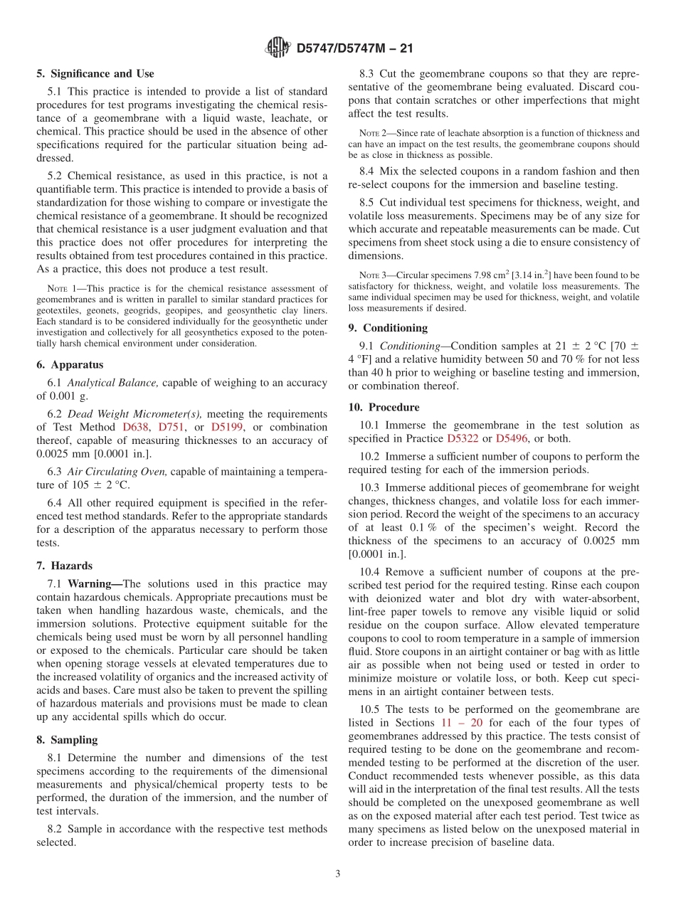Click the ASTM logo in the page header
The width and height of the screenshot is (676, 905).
(278, 48)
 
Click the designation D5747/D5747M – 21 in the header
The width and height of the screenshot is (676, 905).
(354, 48)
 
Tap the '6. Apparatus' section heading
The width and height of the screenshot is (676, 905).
(70, 364)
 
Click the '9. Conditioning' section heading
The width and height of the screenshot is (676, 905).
(388, 328)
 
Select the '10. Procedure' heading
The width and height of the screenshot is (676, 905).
(384, 407)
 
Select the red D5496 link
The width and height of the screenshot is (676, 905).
(511, 438)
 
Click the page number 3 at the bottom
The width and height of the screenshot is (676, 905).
(338, 874)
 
